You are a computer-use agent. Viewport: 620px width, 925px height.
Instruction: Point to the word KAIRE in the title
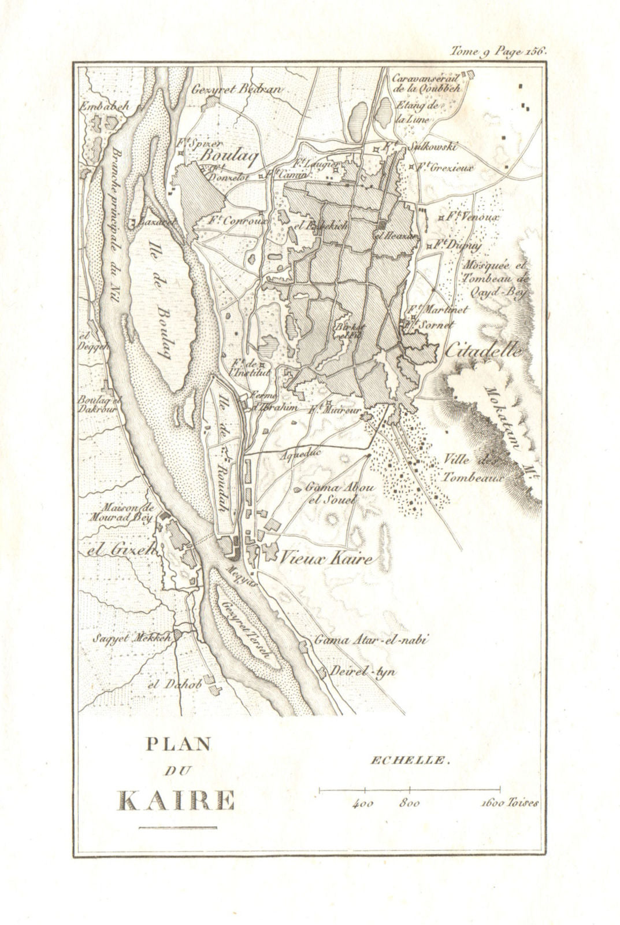coord(176,801)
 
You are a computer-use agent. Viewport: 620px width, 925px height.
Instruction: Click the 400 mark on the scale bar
coord(365,804)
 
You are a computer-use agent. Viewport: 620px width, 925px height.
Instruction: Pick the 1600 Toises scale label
coord(509,804)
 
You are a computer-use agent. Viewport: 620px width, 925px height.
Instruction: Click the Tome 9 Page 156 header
coord(499,51)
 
